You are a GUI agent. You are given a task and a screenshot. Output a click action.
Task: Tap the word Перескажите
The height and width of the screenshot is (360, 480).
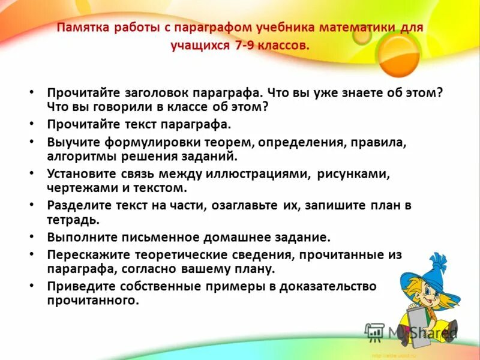coord(85,255)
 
